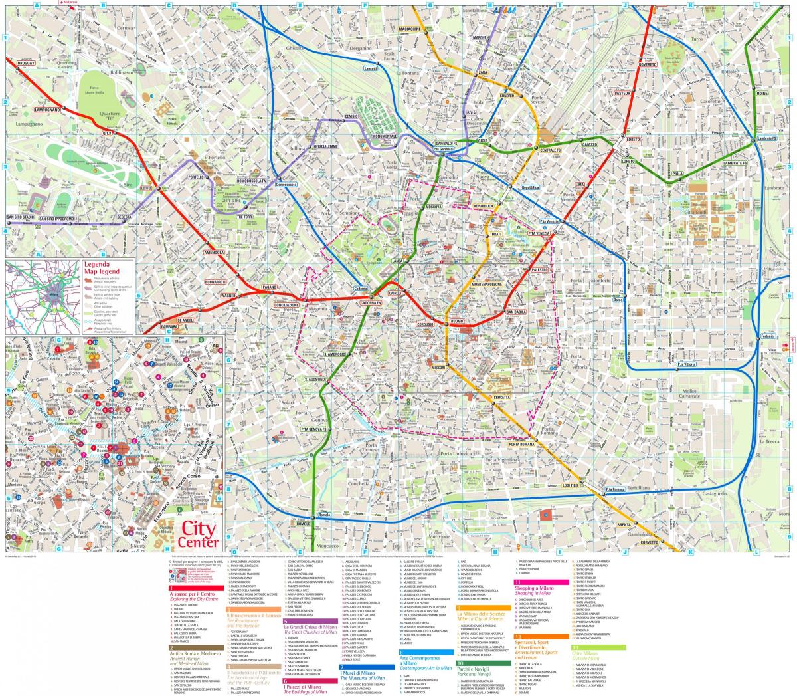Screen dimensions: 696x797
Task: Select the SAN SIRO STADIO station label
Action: (19, 218)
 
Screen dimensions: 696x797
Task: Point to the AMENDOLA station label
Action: (215, 253)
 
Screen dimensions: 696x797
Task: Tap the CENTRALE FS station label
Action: (550, 150)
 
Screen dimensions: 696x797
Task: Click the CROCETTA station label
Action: (501, 398)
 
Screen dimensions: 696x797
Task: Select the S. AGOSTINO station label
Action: (314, 380)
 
